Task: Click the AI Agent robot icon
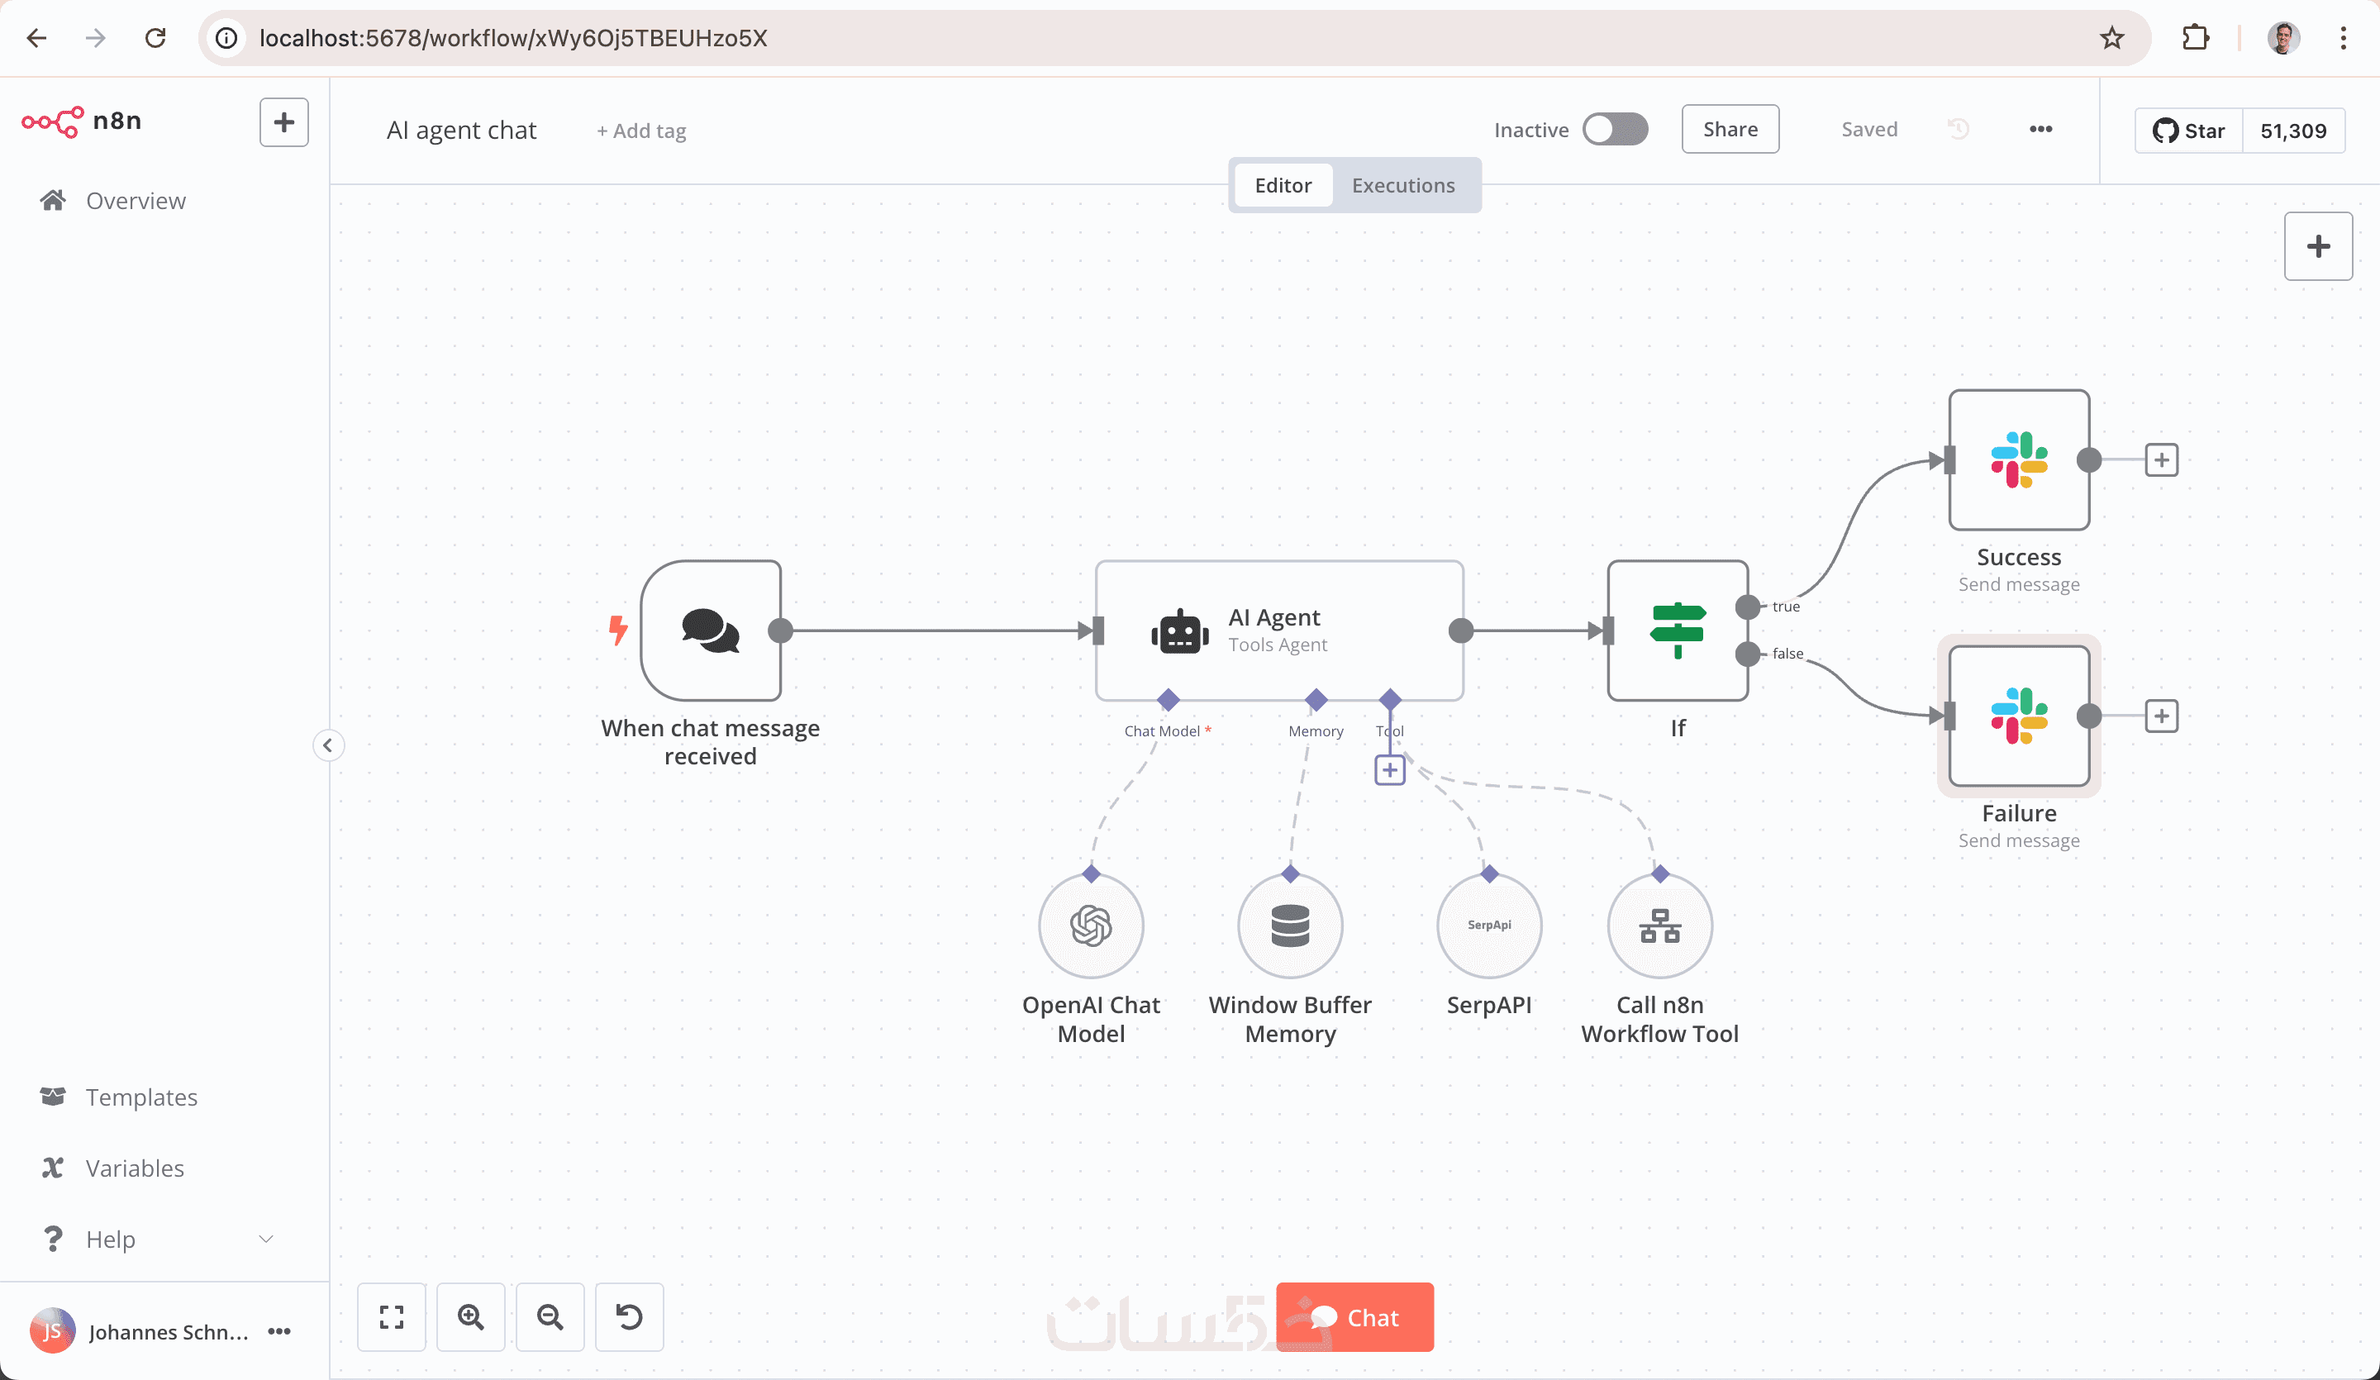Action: point(1179,632)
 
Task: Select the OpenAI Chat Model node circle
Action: point(1091,926)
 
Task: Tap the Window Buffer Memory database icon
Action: point(1290,926)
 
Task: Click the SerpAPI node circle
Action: point(1488,926)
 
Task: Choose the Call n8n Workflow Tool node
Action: point(1659,926)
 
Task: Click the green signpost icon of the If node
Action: point(1678,630)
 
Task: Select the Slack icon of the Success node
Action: point(2019,460)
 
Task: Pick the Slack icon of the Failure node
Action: point(2019,716)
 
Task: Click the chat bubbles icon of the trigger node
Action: point(710,630)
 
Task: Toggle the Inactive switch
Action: point(1615,130)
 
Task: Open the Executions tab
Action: point(1402,185)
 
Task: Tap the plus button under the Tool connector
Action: point(1389,770)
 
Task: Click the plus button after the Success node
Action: point(2161,460)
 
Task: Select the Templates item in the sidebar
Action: point(141,1097)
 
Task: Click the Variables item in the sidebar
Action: point(135,1168)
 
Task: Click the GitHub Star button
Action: point(2188,131)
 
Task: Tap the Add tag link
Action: point(641,131)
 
